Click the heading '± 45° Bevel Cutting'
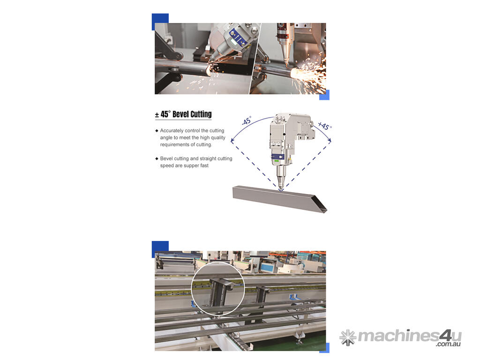click(183, 114)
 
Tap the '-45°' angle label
click(247, 120)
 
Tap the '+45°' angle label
click(324, 126)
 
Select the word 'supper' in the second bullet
click(192, 165)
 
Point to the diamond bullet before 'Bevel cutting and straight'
click(157, 158)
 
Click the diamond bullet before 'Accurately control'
click(157, 131)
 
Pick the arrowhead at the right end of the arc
click(330, 140)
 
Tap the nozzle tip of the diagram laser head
click(281, 189)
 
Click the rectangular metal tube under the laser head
click(279, 199)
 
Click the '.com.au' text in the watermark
click(449, 344)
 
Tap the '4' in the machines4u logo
click(444, 336)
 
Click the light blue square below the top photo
click(324, 95)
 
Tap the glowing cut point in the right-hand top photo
click(294, 73)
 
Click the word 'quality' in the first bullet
click(218, 138)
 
